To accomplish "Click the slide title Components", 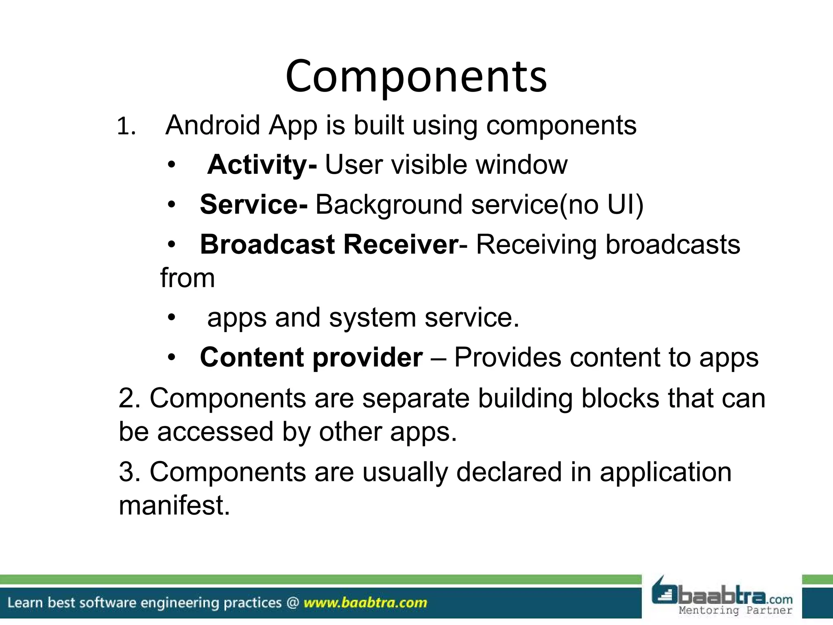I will point(416,76).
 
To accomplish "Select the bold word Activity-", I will point(262,165).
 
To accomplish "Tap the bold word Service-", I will point(254,204).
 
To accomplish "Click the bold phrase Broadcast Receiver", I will point(329,245).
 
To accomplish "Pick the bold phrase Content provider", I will point(311,357).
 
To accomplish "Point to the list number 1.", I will point(126,127).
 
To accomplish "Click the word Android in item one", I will point(213,125).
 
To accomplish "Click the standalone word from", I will point(188,278).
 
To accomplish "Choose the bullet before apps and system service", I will point(172,318).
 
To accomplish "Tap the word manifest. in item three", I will point(174,505).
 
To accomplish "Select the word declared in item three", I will point(509,472).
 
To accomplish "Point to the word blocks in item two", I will point(620,398).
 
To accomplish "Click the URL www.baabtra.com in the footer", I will point(365,603).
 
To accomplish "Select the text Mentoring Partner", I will point(735,610).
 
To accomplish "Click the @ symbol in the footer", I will point(292,603).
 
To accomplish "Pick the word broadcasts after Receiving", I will point(673,245).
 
